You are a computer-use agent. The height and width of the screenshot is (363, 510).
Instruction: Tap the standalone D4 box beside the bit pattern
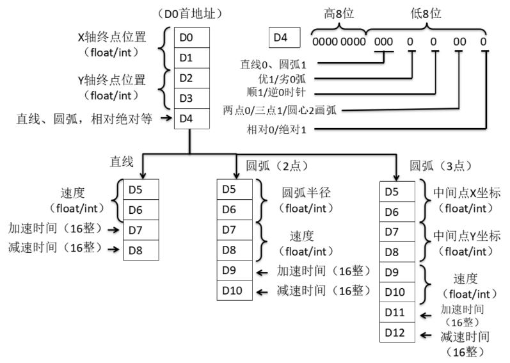tap(281, 38)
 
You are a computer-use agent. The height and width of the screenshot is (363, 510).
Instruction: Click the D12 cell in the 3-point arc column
tap(396, 332)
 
